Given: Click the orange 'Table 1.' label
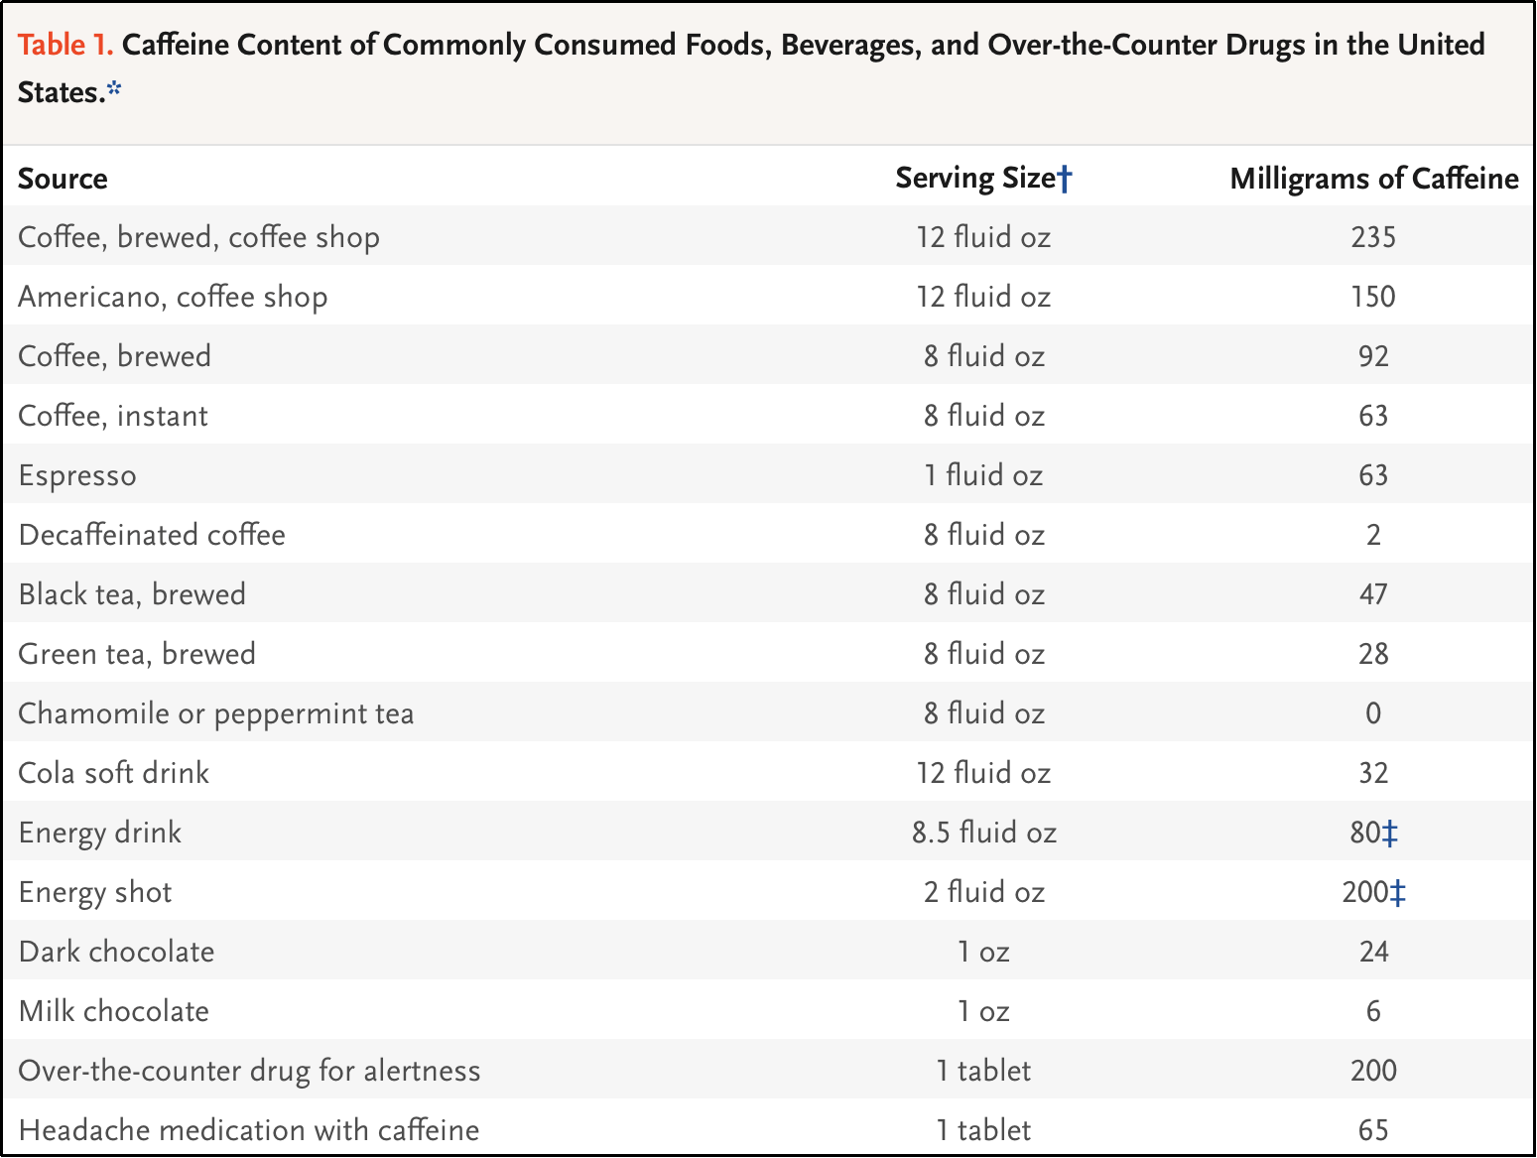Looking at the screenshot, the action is (65, 45).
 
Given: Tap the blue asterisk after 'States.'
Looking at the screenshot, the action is (114, 88).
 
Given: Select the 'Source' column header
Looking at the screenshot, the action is (63, 179).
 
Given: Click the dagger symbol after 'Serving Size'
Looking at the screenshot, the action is (1064, 179).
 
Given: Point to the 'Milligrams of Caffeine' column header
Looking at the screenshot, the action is (1374, 179).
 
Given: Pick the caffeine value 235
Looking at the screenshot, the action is (1373, 236).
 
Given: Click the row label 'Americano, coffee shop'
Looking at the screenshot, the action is (173, 297).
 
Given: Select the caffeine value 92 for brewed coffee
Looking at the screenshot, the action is (1373, 355).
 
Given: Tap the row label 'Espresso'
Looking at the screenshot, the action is (77, 475).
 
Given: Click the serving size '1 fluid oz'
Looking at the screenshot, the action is (983, 474).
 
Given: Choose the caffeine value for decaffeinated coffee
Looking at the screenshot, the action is (1373, 535).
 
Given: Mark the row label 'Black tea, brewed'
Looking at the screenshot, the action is (132, 594).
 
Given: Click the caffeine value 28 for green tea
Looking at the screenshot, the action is (1373, 654).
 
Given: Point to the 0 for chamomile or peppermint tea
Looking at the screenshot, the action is (1373, 713).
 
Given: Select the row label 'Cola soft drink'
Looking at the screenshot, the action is (113, 773).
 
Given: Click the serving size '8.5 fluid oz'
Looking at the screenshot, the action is (984, 833).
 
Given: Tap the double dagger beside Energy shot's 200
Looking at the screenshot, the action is (1398, 893).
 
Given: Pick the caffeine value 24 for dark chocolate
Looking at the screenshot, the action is (1373, 952).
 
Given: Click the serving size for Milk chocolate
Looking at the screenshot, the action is (983, 1011).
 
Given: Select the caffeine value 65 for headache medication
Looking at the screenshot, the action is (1373, 1130).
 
